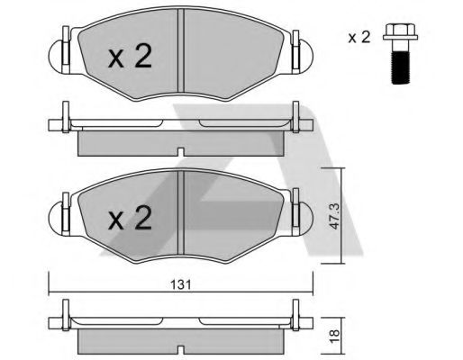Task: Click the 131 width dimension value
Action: tap(181, 284)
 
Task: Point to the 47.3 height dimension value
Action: tap(334, 216)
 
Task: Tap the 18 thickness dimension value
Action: tap(334, 336)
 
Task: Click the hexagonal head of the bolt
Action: tap(400, 32)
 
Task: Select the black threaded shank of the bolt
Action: tap(400, 67)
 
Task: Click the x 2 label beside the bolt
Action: tap(359, 38)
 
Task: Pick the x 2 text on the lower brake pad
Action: tap(130, 218)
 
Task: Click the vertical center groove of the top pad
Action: tap(180, 50)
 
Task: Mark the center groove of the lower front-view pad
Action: tap(180, 213)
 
